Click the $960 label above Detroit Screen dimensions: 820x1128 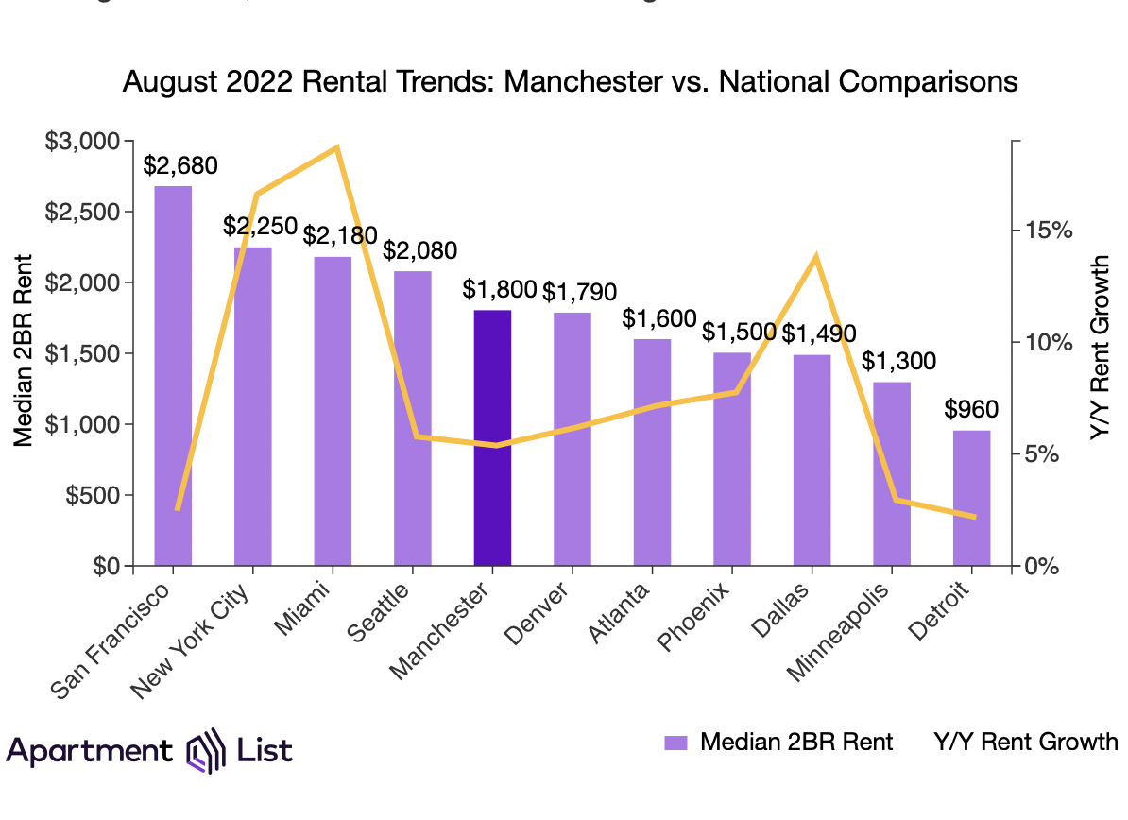click(x=971, y=409)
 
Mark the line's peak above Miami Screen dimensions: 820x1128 click(x=336, y=148)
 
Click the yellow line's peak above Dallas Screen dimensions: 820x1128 click(x=814, y=257)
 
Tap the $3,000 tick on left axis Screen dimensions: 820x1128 click(x=82, y=142)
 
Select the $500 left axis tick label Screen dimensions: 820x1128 click(x=93, y=495)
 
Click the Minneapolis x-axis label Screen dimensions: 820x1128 click(x=850, y=628)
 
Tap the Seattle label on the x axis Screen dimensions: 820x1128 click(x=381, y=613)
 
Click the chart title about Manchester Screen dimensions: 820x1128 click(x=571, y=82)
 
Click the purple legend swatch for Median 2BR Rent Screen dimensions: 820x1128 click(x=676, y=743)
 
